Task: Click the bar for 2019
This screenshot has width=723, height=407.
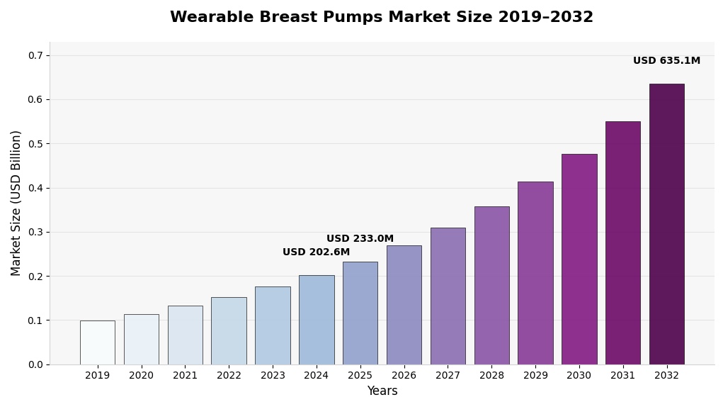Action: pyautogui.click(x=97, y=342)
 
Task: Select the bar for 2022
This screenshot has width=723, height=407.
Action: pyautogui.click(x=229, y=330)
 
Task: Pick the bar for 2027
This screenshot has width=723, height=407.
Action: pyautogui.click(x=448, y=296)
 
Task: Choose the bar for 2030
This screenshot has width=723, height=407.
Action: pyautogui.click(x=579, y=259)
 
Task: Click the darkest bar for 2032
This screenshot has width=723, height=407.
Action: pyautogui.click(x=666, y=224)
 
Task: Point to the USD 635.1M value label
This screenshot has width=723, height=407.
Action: pyautogui.click(x=666, y=61)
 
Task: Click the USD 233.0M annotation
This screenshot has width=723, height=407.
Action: pyautogui.click(x=360, y=239)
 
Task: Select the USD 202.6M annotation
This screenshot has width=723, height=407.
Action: pyautogui.click(x=316, y=252)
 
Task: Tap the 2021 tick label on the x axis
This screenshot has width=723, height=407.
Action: pyautogui.click(x=185, y=375)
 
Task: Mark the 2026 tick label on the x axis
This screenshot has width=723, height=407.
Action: pyautogui.click(x=404, y=375)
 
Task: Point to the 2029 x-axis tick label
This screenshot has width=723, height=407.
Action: pyautogui.click(x=535, y=375)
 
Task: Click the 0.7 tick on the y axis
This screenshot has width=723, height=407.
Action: pyautogui.click(x=35, y=55)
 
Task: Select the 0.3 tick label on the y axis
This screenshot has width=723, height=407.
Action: pyautogui.click(x=35, y=232)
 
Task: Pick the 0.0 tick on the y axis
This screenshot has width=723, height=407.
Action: pyautogui.click(x=35, y=364)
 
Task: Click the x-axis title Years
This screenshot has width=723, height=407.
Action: pyautogui.click(x=382, y=391)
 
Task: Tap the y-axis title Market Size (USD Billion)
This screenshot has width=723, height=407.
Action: pyautogui.click(x=16, y=203)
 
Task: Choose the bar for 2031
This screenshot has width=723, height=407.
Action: pyautogui.click(x=622, y=242)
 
